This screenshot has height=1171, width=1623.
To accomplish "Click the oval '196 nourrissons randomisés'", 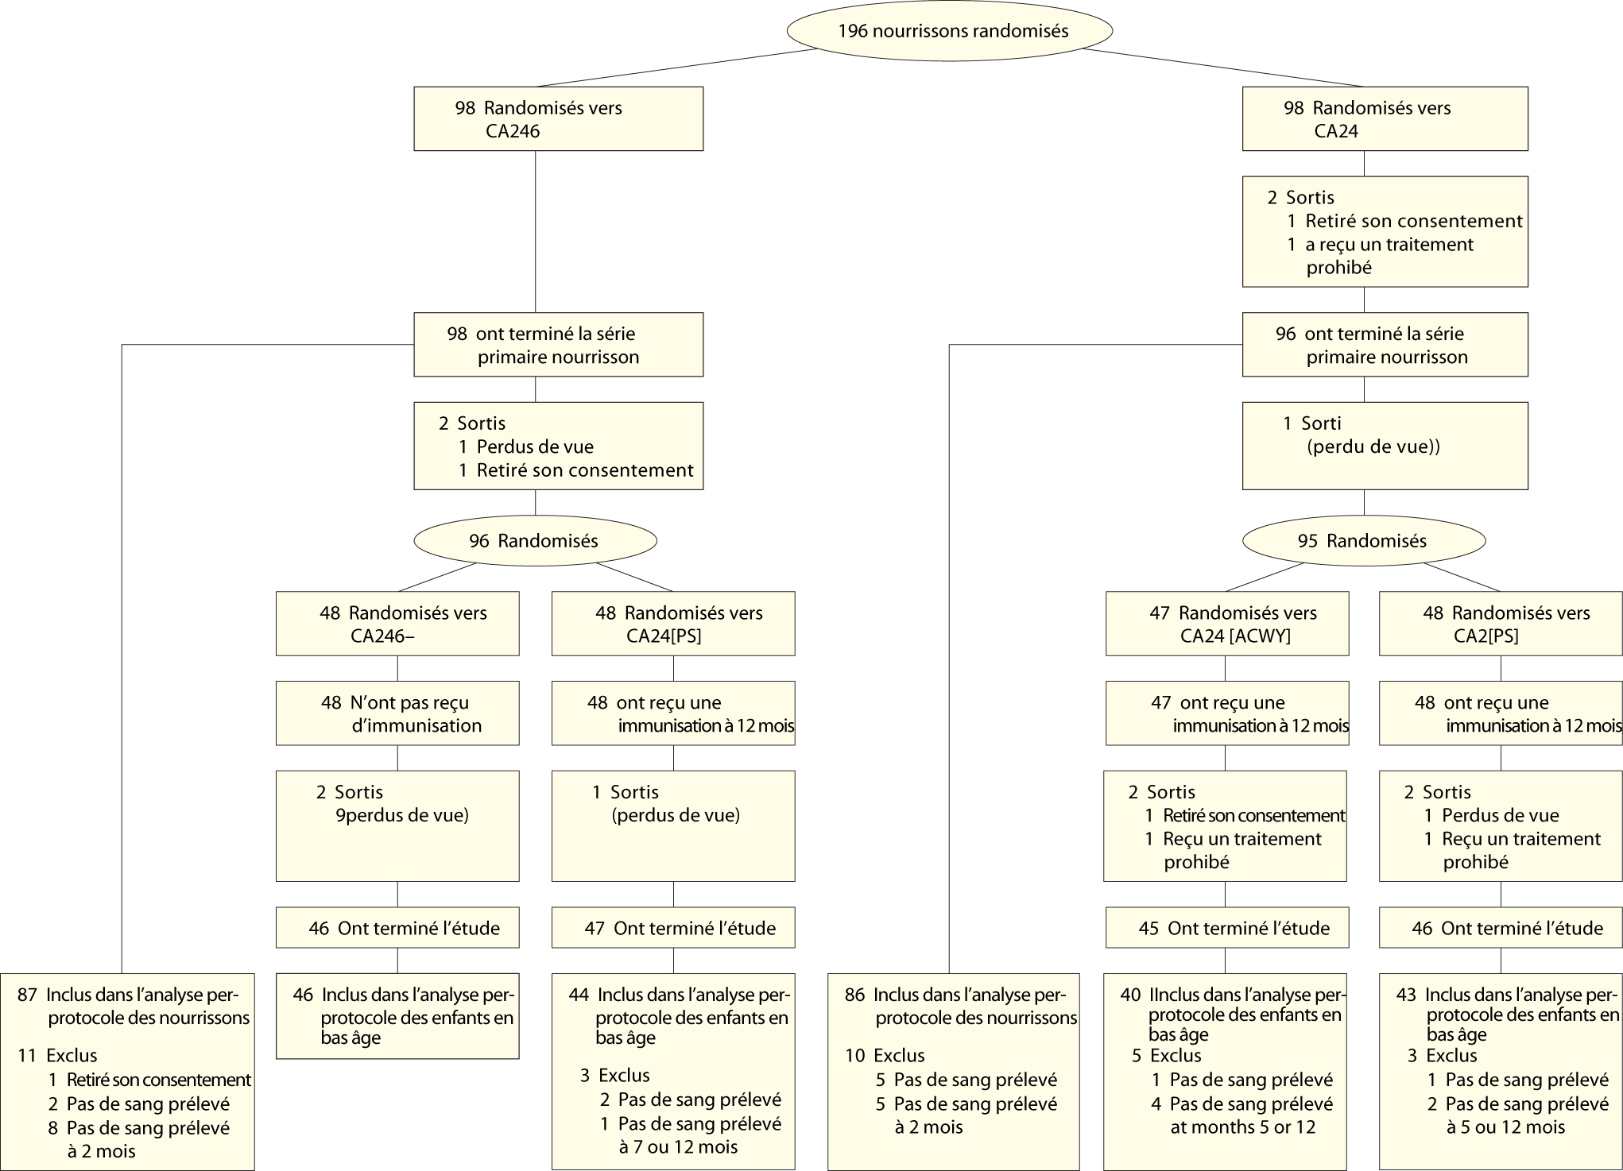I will [x=949, y=31].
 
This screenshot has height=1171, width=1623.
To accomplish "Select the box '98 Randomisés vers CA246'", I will [x=558, y=118].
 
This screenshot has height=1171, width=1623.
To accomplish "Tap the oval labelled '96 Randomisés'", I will [x=535, y=541].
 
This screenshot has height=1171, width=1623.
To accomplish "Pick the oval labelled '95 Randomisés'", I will [x=1363, y=541].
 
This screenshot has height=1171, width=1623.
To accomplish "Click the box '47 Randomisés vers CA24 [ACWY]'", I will [x=1226, y=624].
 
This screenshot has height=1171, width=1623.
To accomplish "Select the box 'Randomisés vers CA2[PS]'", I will [x=1500, y=624].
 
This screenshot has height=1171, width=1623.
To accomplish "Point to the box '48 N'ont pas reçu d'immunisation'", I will [x=397, y=713].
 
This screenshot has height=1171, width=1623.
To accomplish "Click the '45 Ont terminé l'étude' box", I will [x=1226, y=928].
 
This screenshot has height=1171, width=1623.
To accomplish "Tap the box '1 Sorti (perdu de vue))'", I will [x=1385, y=445].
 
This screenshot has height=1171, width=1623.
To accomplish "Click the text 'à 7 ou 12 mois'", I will [x=678, y=1146].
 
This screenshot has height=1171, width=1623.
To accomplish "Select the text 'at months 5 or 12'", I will [x=1242, y=1127].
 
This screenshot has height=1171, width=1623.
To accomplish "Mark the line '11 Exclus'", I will [x=58, y=1056].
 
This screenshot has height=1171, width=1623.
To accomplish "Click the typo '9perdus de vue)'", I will [x=402, y=815].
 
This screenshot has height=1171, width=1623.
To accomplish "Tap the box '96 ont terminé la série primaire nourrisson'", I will [x=1385, y=345].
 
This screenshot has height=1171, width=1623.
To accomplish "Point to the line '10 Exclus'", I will [x=885, y=1056].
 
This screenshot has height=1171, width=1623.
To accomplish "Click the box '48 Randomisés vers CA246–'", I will [x=397, y=624].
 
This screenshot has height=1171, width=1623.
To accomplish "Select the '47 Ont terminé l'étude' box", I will [x=673, y=928].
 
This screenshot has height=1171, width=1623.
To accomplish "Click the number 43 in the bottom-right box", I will [x=1407, y=995].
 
